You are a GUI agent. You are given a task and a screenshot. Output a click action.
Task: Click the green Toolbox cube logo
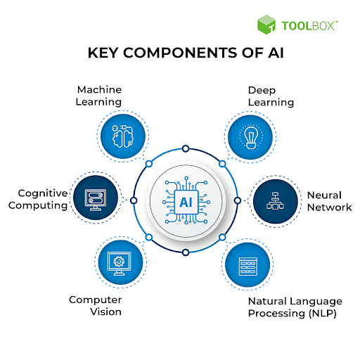(x=266, y=25)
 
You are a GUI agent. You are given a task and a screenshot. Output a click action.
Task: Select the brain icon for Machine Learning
(x=123, y=136)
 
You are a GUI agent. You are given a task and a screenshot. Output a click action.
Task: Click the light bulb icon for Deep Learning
(x=251, y=137)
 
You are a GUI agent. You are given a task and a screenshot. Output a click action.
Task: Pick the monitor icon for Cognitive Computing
(x=96, y=200)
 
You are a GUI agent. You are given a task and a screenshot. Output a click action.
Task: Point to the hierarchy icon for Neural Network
(x=275, y=201)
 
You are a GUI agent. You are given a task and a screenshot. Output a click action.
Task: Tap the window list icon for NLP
(x=248, y=266)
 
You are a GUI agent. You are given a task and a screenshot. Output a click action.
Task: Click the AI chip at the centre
(x=186, y=202)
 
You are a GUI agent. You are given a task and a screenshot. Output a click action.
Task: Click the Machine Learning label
(x=98, y=96)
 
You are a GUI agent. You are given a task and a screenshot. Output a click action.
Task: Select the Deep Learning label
(x=271, y=96)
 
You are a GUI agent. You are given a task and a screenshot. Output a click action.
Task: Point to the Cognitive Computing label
(x=38, y=200)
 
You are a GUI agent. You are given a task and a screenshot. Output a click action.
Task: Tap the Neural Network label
(x=329, y=201)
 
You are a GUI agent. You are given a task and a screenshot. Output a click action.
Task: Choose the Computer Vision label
(x=96, y=306)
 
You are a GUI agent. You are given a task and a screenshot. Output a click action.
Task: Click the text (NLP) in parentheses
(x=323, y=314)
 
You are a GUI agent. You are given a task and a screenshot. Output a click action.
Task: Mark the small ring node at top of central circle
(x=186, y=148)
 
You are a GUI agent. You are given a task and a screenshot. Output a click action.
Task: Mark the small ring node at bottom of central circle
(x=186, y=252)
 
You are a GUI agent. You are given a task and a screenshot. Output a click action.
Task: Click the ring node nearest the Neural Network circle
(x=238, y=200)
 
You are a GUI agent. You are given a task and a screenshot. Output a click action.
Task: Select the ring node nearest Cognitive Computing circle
(x=134, y=200)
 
